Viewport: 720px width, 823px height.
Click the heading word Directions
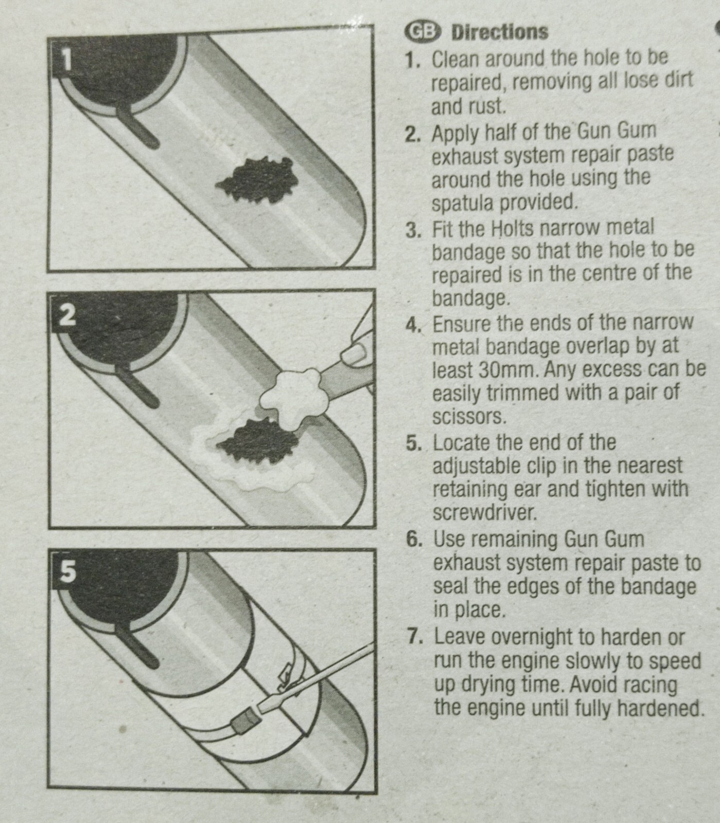(499, 32)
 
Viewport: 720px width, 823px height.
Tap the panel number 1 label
(66, 60)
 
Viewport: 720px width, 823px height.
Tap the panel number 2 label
(66, 315)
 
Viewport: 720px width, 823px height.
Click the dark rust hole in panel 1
(256, 180)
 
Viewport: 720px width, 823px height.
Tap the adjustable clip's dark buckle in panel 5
(242, 723)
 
